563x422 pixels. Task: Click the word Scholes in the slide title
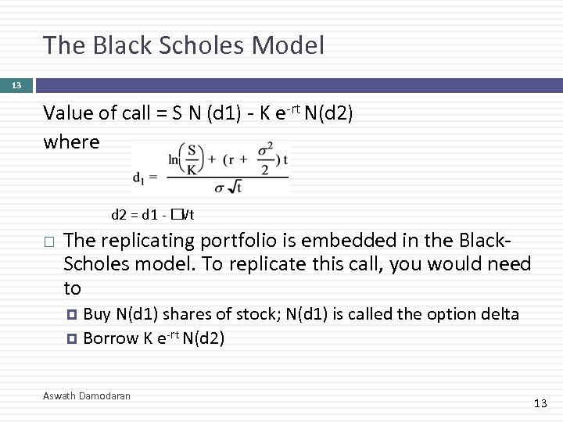click(x=202, y=45)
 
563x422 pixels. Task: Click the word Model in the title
click(x=288, y=45)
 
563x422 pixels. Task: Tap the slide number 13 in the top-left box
click(x=16, y=85)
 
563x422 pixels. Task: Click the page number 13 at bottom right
click(x=540, y=403)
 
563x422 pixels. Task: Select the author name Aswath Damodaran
click(x=87, y=396)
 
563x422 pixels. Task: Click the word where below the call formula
click(x=72, y=142)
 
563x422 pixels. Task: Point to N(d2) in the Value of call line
click(x=328, y=114)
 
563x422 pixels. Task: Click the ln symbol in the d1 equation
click(x=174, y=160)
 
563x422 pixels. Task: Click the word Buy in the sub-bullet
click(x=97, y=314)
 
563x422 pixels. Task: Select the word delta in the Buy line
click(x=500, y=314)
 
